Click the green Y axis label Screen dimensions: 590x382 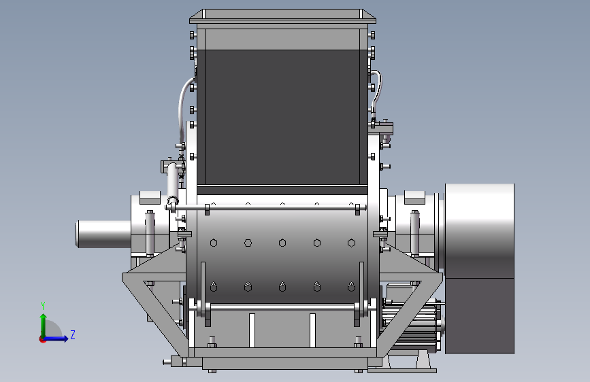pyautogui.click(x=43, y=306)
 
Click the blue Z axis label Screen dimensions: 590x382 pyautogui.click(x=73, y=334)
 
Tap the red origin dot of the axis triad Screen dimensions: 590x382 pyautogui.click(x=42, y=339)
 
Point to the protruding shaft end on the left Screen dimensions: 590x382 pyautogui.click(x=103, y=234)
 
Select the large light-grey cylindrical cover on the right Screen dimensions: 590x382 pyautogui.click(x=479, y=231)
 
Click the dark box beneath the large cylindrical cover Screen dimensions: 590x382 pyautogui.click(x=479, y=316)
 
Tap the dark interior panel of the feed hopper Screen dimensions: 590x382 pyautogui.click(x=282, y=117)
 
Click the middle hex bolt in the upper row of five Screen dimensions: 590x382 pyautogui.click(x=282, y=243)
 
